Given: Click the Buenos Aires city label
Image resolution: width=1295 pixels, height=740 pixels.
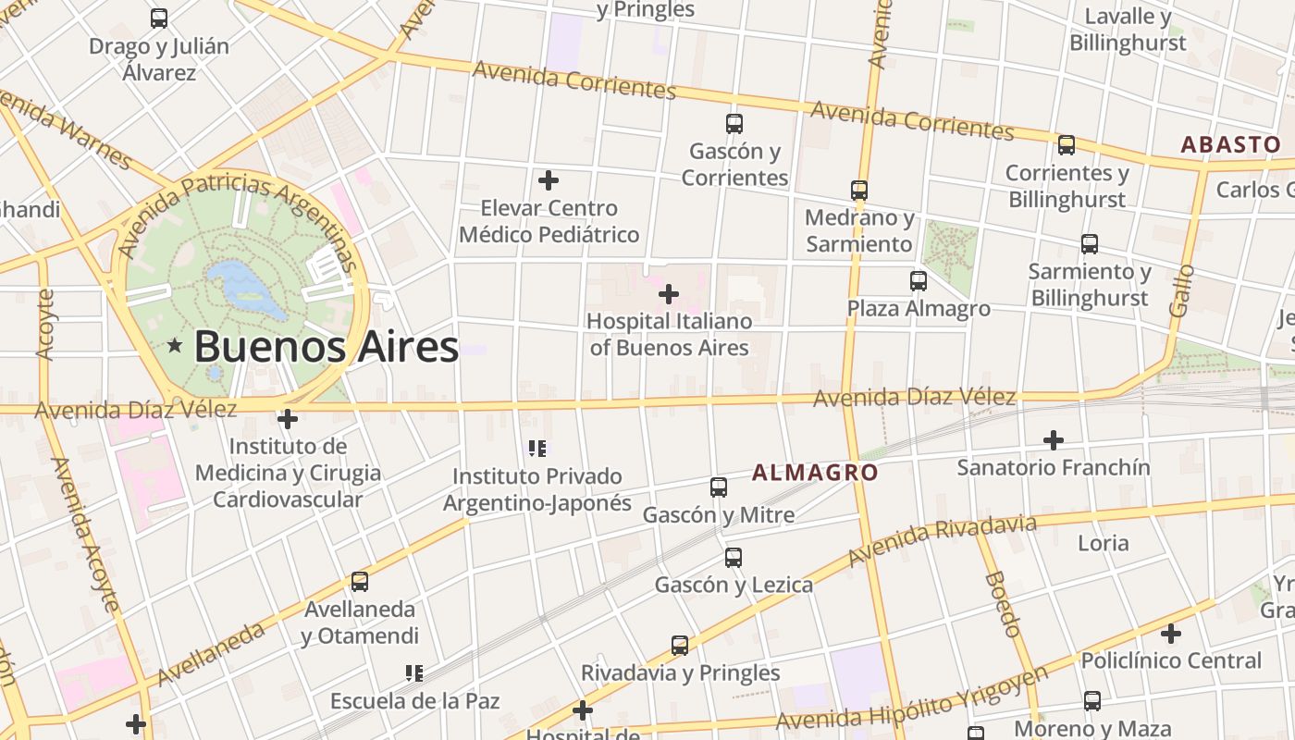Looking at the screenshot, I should pos(326,348).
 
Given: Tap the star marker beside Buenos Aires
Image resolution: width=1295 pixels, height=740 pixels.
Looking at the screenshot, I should pos(175,346).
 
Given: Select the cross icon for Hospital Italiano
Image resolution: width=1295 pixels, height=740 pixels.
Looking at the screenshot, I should pos(668,294).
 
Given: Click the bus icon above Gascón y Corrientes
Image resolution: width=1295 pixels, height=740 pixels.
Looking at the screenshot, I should pos(734,123).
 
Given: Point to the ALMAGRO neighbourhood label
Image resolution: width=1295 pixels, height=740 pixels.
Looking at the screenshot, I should pos(815,473).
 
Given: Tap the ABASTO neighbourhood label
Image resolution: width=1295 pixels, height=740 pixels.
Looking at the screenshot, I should pos(1231,144).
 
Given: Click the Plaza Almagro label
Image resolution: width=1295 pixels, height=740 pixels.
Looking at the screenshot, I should pos(919,308).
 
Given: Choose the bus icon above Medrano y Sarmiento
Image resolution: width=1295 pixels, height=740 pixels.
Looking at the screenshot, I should pos(859,191).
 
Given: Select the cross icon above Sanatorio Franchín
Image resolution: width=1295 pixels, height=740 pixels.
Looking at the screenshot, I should pos(1053,440).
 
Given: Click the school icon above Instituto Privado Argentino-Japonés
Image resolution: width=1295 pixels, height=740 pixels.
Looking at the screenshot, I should pos(537,450).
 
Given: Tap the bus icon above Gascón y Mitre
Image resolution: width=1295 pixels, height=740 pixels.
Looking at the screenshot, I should pos(719,487).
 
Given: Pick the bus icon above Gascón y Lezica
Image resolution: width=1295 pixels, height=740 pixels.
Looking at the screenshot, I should pos(734,558).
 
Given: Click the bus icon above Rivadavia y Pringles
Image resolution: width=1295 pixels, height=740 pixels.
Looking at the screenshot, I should pos(680,646).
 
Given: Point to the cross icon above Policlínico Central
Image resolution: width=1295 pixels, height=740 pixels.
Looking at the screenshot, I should pos(1171,635).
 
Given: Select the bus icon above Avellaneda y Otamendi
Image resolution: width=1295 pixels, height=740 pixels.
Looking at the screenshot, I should pos(360,582).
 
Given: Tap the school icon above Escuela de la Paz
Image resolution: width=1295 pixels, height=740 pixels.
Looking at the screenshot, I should pos(414,673).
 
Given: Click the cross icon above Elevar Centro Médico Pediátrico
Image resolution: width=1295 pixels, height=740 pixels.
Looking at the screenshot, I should pos(549,180).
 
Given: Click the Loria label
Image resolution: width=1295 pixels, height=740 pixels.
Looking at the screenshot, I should pos(1103,543).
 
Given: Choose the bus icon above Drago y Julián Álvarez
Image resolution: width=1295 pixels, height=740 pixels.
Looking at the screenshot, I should pos(159,18).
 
